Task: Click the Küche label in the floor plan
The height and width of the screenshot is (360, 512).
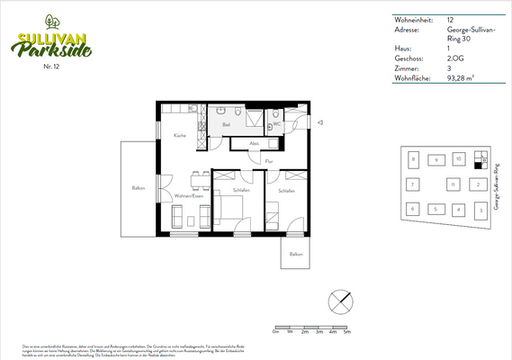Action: pos(180,135)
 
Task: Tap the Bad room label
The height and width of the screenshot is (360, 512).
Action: pos(226,127)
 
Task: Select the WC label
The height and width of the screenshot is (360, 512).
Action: pos(277,125)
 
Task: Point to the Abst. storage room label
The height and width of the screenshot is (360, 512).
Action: pos(255,143)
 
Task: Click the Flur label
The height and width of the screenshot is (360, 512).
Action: pos(268,161)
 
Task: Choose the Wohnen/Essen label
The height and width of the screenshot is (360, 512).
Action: pos(188,195)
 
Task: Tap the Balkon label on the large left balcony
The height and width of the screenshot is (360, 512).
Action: pos(139,187)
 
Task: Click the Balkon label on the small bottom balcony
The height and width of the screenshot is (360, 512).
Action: pos(295,254)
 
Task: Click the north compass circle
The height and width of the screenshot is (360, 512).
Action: pos(339,300)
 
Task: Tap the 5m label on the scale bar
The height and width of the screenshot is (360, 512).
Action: pos(346,332)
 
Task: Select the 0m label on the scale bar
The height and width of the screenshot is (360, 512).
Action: pos(274,332)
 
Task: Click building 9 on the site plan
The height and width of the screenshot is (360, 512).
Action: pos(436,159)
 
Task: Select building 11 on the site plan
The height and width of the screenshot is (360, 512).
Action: pos(453,184)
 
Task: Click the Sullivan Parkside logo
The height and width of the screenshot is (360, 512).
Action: pos(53,42)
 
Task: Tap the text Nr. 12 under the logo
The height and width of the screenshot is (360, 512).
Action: pos(51,67)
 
